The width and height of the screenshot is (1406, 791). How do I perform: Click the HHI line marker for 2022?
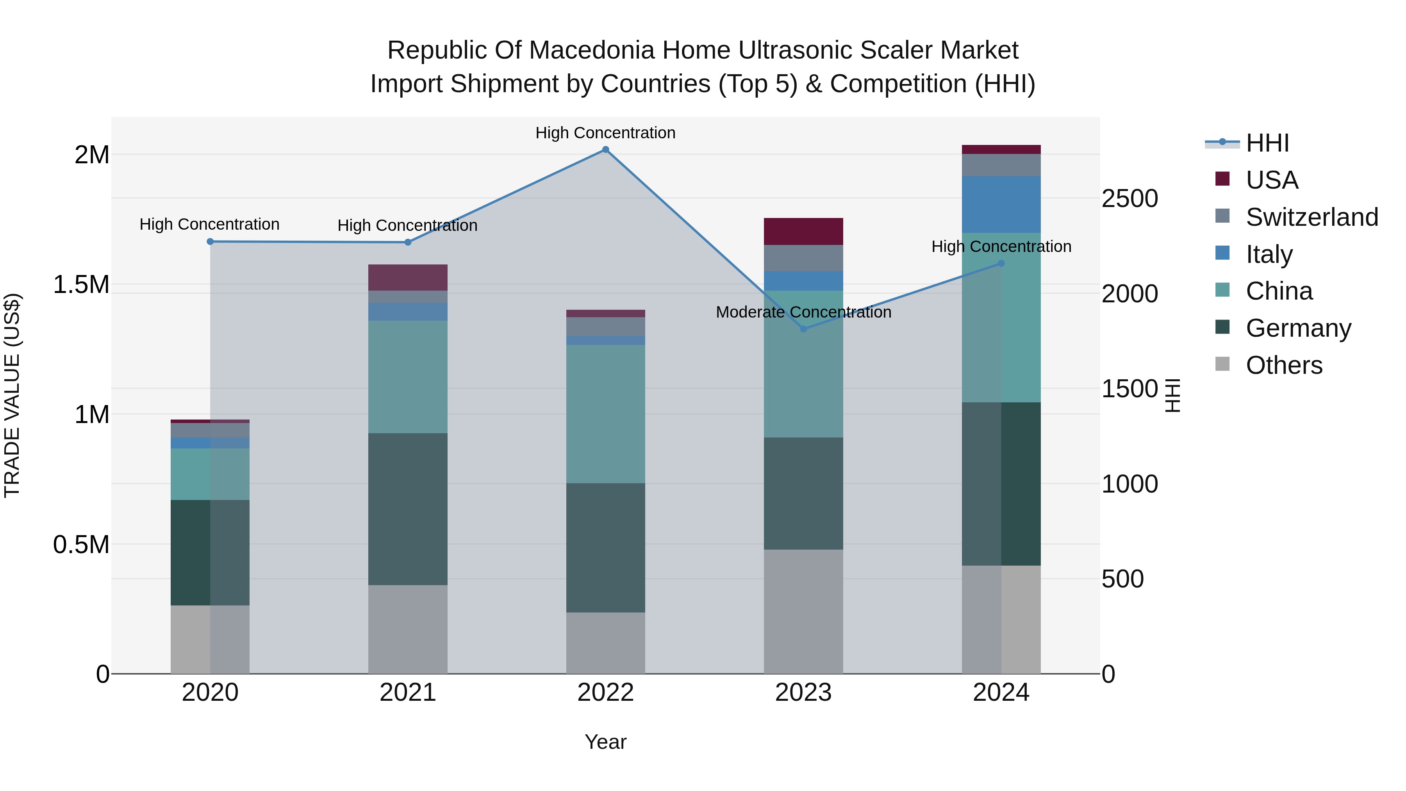605,150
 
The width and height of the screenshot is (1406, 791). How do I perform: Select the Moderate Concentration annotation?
803,312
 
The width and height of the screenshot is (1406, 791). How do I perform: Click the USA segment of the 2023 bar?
803,232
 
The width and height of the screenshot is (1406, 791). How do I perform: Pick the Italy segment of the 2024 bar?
1001,205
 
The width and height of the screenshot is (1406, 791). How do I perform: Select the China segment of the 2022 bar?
605,414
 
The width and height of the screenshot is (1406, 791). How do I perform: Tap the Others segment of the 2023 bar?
803,611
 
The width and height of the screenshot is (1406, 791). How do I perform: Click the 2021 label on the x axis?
408,693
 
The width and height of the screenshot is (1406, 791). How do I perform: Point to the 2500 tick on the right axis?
1129,199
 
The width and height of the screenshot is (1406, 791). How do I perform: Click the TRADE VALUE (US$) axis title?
12,395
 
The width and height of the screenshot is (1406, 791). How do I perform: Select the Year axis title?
605,742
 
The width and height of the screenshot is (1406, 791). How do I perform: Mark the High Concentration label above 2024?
1001,247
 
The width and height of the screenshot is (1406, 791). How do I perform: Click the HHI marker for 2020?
210,241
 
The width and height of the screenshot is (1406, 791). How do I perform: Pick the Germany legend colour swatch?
1222,328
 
